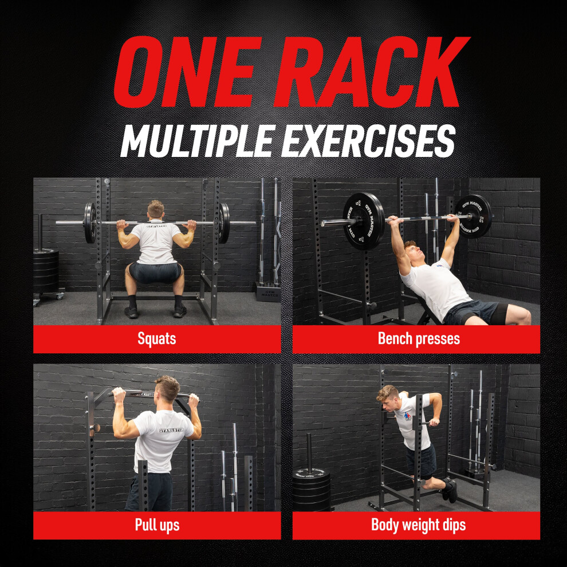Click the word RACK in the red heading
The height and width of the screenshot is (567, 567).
click(372, 72)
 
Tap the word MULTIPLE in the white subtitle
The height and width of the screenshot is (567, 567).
click(198, 141)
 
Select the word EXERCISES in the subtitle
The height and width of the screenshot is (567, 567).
click(368, 141)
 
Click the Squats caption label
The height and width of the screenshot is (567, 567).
click(157, 339)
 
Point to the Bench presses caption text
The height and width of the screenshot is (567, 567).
click(419, 339)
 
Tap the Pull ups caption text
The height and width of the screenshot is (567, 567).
click(157, 525)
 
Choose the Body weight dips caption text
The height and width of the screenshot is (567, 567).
click(419, 525)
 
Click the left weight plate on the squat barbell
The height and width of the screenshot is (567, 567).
click(90, 223)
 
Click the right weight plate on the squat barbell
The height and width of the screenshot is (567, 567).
click(224, 223)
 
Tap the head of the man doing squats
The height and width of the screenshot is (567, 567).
click(156, 210)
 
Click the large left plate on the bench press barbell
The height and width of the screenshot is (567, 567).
click(364, 221)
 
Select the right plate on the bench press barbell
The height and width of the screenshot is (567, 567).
click(473, 216)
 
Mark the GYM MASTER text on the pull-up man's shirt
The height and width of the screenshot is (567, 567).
click(171, 431)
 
